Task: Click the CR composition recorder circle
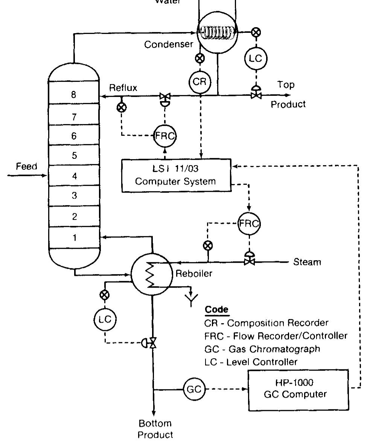(x=199, y=82)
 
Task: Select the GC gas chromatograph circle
(x=194, y=389)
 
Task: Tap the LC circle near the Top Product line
(x=256, y=58)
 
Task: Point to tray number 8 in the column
(x=74, y=95)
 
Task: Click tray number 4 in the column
(x=74, y=176)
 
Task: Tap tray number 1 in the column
(x=74, y=238)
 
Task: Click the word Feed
(x=26, y=166)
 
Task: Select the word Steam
(x=307, y=262)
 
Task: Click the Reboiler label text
(x=194, y=274)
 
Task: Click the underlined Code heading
(x=216, y=310)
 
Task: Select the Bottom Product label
(x=155, y=429)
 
